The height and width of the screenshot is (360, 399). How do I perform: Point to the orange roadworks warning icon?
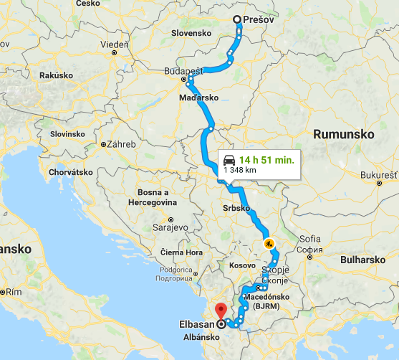tap(269, 243)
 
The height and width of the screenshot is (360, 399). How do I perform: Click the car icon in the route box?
tap(229, 160)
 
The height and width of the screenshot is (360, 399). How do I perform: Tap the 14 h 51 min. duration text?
tap(266, 160)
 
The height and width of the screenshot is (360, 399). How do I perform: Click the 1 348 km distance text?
tap(239, 171)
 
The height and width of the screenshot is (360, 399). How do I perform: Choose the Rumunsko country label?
tap(340, 133)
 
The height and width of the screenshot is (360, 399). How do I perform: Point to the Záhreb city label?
tap(120, 144)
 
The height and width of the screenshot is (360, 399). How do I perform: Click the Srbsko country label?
tap(236, 208)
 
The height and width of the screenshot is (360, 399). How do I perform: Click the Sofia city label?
tap(309, 238)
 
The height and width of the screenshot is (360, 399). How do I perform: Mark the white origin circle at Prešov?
tap(239, 20)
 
